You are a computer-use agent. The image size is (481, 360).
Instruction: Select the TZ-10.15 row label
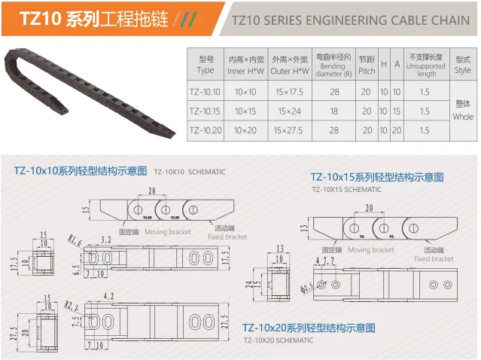205,111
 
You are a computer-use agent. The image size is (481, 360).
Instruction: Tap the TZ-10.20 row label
205,130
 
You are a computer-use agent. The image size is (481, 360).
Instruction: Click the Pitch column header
367,65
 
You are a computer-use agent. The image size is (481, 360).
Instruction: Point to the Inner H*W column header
246,65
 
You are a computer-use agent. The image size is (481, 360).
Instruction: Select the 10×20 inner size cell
246,130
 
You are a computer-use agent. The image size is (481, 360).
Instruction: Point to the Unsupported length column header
425,65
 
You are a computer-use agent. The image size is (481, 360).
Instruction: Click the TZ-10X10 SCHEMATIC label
189,172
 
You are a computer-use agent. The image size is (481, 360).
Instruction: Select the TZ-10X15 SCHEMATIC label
346,189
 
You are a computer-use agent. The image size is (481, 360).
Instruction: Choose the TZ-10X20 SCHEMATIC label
278,340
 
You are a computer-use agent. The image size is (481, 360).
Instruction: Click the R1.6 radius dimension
75,240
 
